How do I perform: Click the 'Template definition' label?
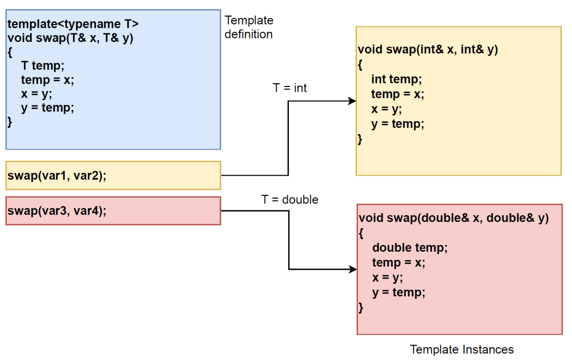click(249, 27)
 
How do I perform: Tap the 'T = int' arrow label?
click(289, 88)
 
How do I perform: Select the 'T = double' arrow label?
click(289, 200)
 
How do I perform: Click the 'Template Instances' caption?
click(461, 350)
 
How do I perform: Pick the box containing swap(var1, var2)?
click(113, 176)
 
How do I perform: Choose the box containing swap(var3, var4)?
click(113, 211)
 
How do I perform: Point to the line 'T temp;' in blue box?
click(42, 66)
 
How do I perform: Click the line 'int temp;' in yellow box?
click(397, 79)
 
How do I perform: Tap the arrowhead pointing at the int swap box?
click(352, 101)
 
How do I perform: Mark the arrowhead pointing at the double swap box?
click(353, 270)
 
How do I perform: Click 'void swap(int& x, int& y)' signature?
click(427, 50)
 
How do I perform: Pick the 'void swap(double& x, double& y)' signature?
click(454, 218)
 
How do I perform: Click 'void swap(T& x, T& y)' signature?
click(70, 39)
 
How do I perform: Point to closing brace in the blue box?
click(9, 122)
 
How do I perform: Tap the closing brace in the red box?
click(361, 307)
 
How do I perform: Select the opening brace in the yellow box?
click(360, 64)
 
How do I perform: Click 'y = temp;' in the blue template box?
click(47, 108)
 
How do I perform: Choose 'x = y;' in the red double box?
click(387, 277)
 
